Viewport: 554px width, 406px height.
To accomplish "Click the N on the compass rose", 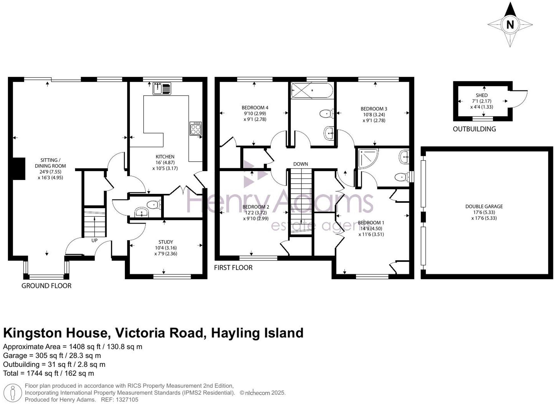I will pos(510,25).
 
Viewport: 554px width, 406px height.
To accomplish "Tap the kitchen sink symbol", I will pos(162,88).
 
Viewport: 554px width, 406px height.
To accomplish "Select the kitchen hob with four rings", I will pos(196,129).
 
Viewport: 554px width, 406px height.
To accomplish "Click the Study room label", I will pos(166,242).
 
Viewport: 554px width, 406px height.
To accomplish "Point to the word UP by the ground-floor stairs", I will pos(94,241).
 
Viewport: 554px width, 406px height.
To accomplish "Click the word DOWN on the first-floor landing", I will pos(300,164).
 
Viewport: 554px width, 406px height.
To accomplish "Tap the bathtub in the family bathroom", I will pos(312,90).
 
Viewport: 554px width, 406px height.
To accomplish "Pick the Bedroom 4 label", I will pos(255,107).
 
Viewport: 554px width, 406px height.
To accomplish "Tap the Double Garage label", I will pos(484,206).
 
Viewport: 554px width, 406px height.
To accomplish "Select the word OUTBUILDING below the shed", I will pos(474,129).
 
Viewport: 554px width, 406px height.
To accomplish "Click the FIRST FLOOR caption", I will pos(233,268).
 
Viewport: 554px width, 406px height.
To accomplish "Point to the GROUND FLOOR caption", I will pos(46,286).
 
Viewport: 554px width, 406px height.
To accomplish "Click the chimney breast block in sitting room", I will pos(18,169).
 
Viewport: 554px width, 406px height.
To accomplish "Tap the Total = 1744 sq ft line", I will pos(48,373).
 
